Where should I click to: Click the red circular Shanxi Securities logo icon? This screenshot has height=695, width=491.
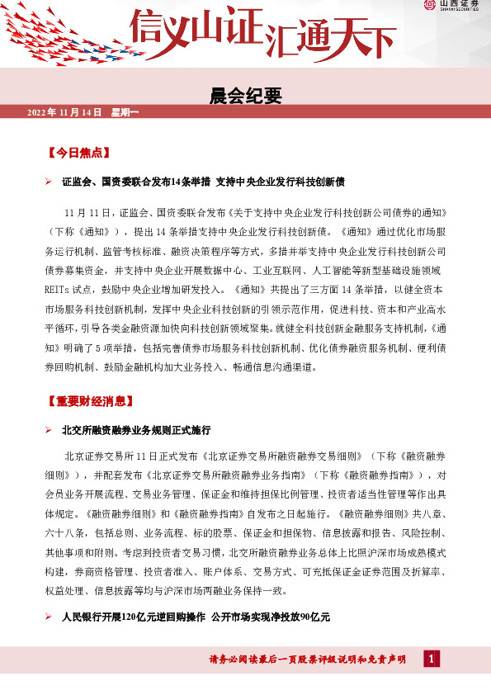(429, 7)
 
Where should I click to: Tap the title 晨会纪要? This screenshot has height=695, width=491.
(246, 96)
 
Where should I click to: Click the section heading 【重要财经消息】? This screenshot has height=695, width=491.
(90, 402)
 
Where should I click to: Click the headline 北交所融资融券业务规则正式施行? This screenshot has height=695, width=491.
(137, 430)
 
